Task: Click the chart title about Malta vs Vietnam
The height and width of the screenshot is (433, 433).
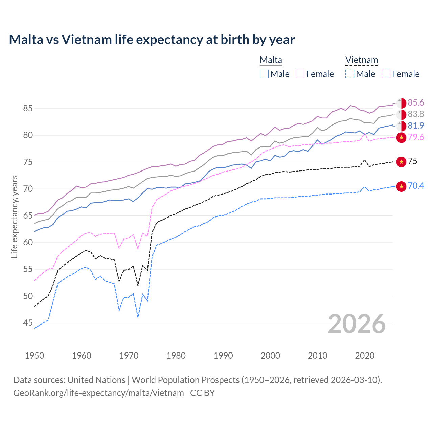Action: [152, 40]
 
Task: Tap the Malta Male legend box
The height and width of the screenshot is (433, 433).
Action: [264, 74]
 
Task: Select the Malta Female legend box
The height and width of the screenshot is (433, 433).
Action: [300, 74]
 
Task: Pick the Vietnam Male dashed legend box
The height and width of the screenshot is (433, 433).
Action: [350, 74]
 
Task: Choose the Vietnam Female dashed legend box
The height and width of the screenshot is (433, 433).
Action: [386, 74]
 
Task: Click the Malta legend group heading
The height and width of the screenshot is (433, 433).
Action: [271, 60]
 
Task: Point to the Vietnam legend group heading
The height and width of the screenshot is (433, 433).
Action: [361, 60]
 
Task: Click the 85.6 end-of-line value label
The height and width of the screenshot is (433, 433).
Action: [416, 103]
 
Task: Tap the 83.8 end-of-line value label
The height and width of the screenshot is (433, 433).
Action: [416, 114]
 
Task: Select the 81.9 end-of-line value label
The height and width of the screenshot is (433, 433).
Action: [416, 126]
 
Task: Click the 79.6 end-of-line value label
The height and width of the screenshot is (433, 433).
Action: [416, 137]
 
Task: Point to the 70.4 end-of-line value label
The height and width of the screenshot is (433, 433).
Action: [416, 186]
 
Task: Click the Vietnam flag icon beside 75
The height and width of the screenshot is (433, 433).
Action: [401, 162]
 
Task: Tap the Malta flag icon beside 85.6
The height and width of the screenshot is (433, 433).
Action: [401, 103]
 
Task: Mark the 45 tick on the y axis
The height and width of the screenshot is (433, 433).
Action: [28, 323]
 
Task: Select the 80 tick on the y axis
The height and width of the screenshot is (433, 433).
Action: [28, 135]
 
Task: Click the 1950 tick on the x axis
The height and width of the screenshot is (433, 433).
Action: [35, 356]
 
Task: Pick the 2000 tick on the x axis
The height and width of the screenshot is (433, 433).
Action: [270, 356]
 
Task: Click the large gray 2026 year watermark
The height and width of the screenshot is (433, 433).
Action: [357, 324]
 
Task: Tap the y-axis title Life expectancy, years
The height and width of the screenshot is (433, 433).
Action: [15, 216]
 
